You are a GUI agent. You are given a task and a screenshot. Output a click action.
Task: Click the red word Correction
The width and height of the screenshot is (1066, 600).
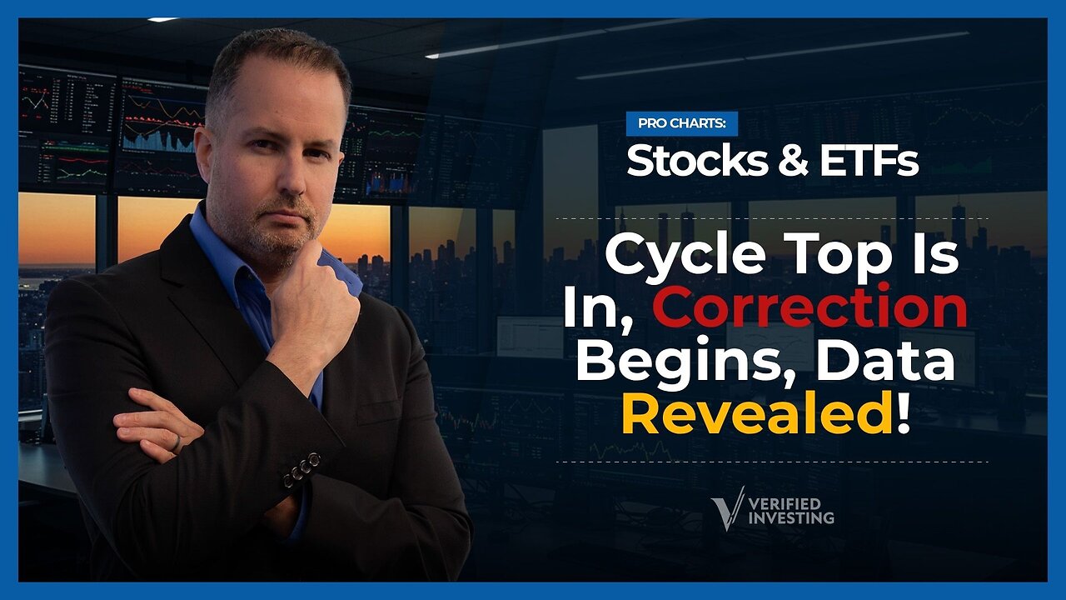pyautogui.click(x=814, y=308)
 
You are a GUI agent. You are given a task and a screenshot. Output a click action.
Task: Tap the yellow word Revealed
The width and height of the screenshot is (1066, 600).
pyautogui.click(x=756, y=414)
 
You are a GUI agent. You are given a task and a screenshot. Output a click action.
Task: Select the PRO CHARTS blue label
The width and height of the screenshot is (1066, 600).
pyautogui.click(x=681, y=123)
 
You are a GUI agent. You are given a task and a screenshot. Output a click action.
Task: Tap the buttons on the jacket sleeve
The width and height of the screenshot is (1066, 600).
pyautogui.click(x=301, y=469)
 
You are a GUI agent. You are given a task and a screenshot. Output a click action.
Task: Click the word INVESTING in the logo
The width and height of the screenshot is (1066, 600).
pyautogui.click(x=792, y=517)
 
